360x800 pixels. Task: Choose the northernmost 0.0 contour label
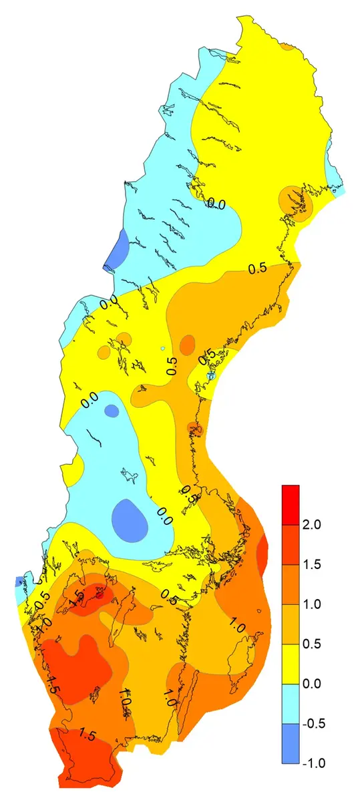216,204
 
